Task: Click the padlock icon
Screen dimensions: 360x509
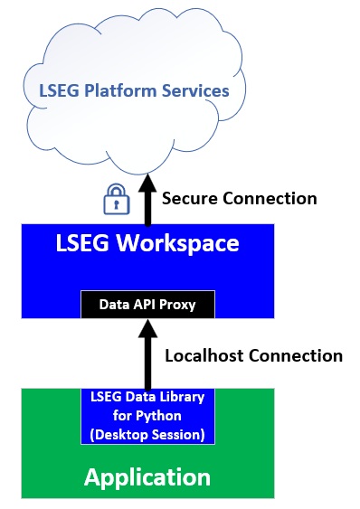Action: click(x=117, y=199)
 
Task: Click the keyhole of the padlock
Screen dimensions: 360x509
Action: click(x=117, y=204)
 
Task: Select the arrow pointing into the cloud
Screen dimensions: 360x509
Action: click(x=147, y=199)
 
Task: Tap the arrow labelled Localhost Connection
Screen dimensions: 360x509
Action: click(x=147, y=354)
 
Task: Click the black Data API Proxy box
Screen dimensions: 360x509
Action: click(x=147, y=304)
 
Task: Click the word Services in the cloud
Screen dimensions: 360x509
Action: click(x=195, y=90)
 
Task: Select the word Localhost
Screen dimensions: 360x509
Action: click(x=204, y=355)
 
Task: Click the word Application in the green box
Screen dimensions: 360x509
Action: click(x=147, y=478)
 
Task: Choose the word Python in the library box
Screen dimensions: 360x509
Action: click(x=158, y=416)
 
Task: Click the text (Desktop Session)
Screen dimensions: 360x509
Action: click(x=147, y=435)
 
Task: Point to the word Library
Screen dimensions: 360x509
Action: click(x=185, y=397)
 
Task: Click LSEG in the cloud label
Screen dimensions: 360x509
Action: click(x=59, y=90)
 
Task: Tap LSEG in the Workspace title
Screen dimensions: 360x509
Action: click(x=82, y=243)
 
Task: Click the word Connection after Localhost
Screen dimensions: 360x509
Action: click(x=296, y=355)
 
